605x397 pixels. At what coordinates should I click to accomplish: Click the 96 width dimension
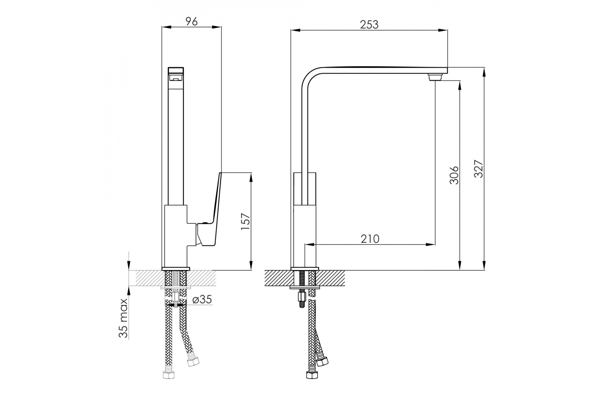pos(192,21)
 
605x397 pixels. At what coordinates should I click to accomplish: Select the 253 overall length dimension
pos(369,25)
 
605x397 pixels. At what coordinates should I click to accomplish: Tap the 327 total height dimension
pos(479,169)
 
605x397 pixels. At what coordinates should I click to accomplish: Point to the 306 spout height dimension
pos(454,175)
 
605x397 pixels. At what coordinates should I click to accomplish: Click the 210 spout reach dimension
pos(370,239)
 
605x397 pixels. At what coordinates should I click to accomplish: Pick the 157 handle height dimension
pos(245,222)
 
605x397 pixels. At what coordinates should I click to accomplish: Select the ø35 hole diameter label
pos(202,299)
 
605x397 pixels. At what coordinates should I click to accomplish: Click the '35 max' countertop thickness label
pos(123,318)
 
